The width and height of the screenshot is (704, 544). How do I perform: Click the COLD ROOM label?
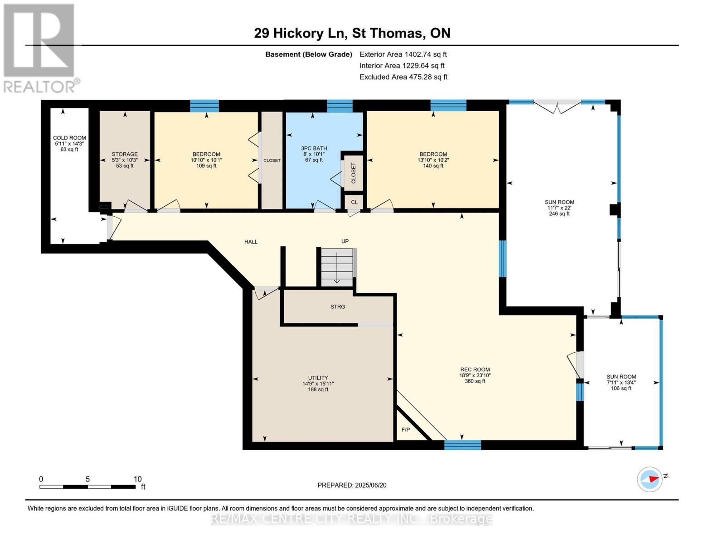(69, 138)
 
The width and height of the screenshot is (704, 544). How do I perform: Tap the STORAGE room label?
(125, 154)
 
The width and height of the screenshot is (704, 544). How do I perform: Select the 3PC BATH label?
(314, 148)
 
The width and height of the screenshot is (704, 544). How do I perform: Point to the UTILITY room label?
(318, 378)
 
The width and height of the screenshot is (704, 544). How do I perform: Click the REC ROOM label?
(475, 369)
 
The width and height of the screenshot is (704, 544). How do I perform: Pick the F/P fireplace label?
(406, 430)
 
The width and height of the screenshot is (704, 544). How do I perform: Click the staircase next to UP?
(337, 267)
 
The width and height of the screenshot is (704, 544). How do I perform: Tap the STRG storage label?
(338, 306)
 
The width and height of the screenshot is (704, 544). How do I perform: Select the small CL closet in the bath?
(354, 202)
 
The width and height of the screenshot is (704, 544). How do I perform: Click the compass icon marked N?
(650, 480)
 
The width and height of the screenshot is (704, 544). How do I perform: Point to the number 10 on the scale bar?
(138, 479)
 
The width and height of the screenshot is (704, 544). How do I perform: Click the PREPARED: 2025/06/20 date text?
(352, 485)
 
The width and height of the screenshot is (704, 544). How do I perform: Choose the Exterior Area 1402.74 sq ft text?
(403, 54)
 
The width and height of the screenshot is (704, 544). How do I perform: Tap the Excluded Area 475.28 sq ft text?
(403, 77)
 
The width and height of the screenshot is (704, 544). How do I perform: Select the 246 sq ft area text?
(559, 214)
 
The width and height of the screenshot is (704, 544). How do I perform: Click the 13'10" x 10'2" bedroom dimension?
(433, 160)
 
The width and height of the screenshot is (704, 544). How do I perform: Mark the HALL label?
(251, 242)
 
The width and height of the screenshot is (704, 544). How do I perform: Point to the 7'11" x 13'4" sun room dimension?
(621, 382)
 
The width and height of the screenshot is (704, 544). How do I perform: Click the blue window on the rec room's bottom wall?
(462, 445)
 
